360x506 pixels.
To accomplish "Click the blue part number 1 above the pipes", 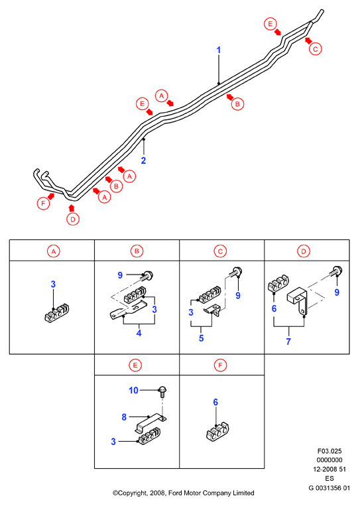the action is click(219, 50).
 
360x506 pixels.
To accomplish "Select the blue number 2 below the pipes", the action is click(144, 160).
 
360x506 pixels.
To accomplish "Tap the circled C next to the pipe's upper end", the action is click(315, 49).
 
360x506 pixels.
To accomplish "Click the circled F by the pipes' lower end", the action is click(43, 204).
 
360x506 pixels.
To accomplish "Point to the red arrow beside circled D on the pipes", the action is click(72, 208).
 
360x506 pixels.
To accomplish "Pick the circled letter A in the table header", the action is click(54, 251).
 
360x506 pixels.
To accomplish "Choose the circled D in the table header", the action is click(304, 251).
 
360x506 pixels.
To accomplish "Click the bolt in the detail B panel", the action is click(147, 275).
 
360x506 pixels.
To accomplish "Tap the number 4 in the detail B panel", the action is click(139, 333).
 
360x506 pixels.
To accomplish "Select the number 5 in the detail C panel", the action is click(202, 338).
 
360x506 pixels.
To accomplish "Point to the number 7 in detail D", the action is click(288, 341).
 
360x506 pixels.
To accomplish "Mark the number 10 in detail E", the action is click(133, 391).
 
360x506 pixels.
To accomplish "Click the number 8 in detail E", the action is click(124, 417).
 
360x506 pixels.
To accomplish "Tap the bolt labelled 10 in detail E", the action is click(162, 391).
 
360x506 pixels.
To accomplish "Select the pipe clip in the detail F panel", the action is click(217, 432).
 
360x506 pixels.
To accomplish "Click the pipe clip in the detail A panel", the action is click(57, 312).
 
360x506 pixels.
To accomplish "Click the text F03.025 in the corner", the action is click(330, 451).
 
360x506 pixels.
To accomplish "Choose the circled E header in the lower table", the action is click(135, 365).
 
